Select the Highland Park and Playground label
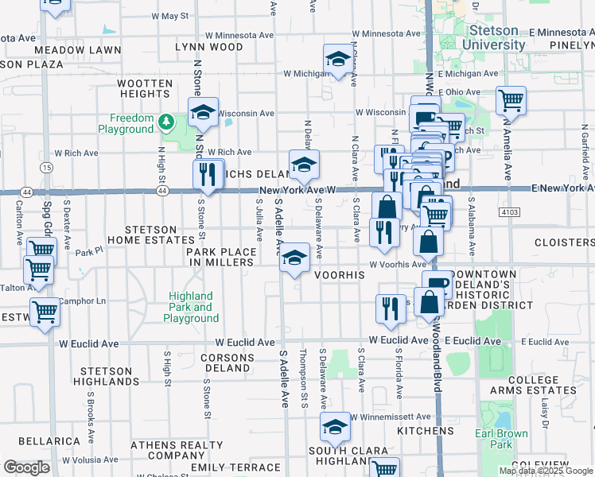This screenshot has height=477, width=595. [x=192, y=307]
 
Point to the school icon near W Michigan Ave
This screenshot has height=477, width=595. [x=338, y=60]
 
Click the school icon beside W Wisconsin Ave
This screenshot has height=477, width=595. [x=203, y=112]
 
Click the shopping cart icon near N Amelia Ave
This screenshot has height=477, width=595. [x=511, y=101]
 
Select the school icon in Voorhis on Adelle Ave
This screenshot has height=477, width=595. [x=294, y=258]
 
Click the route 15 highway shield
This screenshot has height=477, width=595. [x=47, y=168]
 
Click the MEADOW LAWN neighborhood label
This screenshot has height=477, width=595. [x=89, y=49]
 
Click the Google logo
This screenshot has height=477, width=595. [x=26, y=467]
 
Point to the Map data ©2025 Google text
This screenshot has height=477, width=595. [x=546, y=471]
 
